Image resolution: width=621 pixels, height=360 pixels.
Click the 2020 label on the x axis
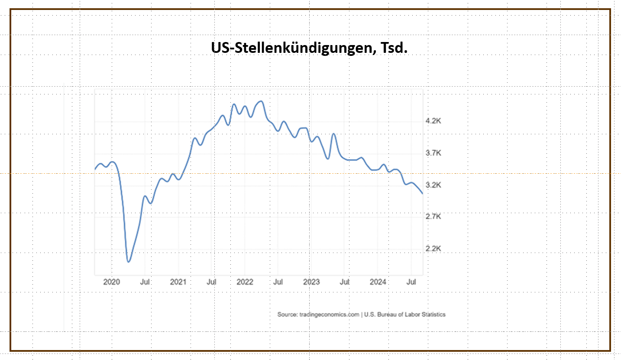coord(111,282)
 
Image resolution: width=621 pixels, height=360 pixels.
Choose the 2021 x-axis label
coord(178,282)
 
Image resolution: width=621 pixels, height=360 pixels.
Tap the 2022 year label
coord(245,282)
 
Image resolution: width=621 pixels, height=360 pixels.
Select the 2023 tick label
coord(311,282)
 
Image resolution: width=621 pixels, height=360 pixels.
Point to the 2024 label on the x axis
coord(378,282)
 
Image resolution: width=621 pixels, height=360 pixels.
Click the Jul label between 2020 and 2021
coord(145,282)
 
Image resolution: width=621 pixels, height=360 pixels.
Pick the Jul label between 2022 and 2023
coord(278,282)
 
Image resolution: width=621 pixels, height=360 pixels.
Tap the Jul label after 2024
coord(412,282)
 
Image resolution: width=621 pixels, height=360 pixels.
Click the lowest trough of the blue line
coord(129,262)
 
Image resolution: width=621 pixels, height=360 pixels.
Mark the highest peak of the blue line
coord(261,101)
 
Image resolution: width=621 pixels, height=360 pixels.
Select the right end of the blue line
coord(422,193)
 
